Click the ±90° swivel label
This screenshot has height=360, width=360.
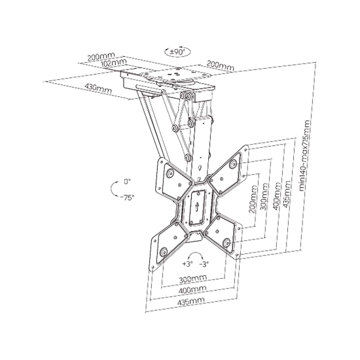coord(177,52)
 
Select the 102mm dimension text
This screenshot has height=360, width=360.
coord(114,63)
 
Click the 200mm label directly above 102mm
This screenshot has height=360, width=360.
coord(101,56)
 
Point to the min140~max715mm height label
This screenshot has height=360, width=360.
coord(304,156)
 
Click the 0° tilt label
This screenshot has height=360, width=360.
coord(127,181)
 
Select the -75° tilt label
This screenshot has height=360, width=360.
coord(127,198)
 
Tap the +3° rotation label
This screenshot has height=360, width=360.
coord(188,264)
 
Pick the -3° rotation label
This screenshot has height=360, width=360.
coord(204,264)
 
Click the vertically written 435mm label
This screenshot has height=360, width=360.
coord(287,194)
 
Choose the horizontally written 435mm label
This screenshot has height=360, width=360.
coord(190,302)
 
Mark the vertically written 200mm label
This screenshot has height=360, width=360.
coord(253,199)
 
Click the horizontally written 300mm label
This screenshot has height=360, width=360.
coord(193,278)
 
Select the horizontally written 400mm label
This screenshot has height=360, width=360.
coord(192,290)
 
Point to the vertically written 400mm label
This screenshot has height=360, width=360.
coord(276,196)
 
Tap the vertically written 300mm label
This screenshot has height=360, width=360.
coord(264,196)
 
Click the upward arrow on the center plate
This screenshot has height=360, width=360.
coord(196,206)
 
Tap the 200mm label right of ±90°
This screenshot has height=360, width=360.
coord(221,65)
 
